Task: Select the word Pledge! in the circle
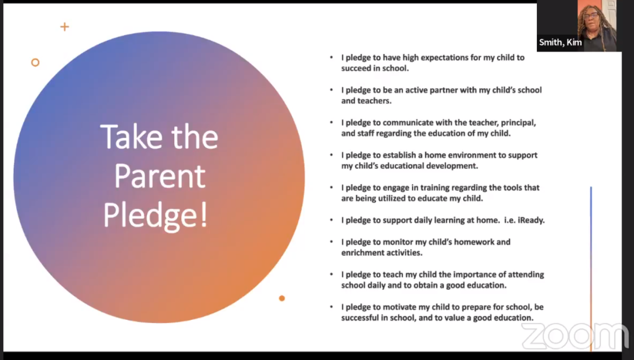click(155, 215)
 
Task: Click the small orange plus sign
click(64, 26)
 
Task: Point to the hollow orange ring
click(35, 62)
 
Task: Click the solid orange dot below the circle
click(282, 298)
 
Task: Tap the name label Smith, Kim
click(560, 43)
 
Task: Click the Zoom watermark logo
click(575, 336)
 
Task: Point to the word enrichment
click(363, 253)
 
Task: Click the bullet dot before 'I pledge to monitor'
click(331, 242)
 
